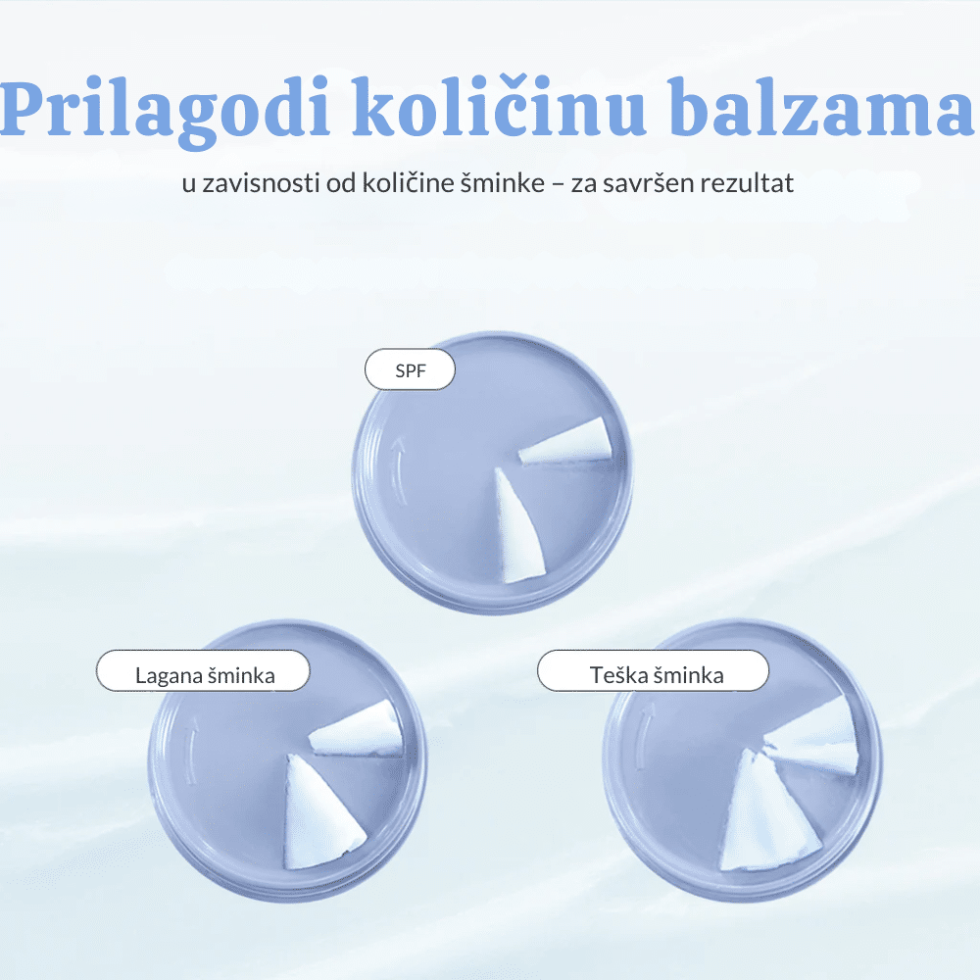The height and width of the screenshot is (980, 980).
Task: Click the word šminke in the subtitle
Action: (503, 183)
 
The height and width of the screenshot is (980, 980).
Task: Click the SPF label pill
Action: (410, 370)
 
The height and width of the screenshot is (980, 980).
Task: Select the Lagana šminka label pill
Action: (203, 670)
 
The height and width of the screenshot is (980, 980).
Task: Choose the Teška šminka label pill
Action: (653, 670)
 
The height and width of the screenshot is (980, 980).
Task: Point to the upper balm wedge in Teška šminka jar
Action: (812, 738)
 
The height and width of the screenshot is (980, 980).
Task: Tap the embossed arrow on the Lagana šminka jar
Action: (191, 750)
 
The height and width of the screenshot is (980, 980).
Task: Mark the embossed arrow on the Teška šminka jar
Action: (645, 738)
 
